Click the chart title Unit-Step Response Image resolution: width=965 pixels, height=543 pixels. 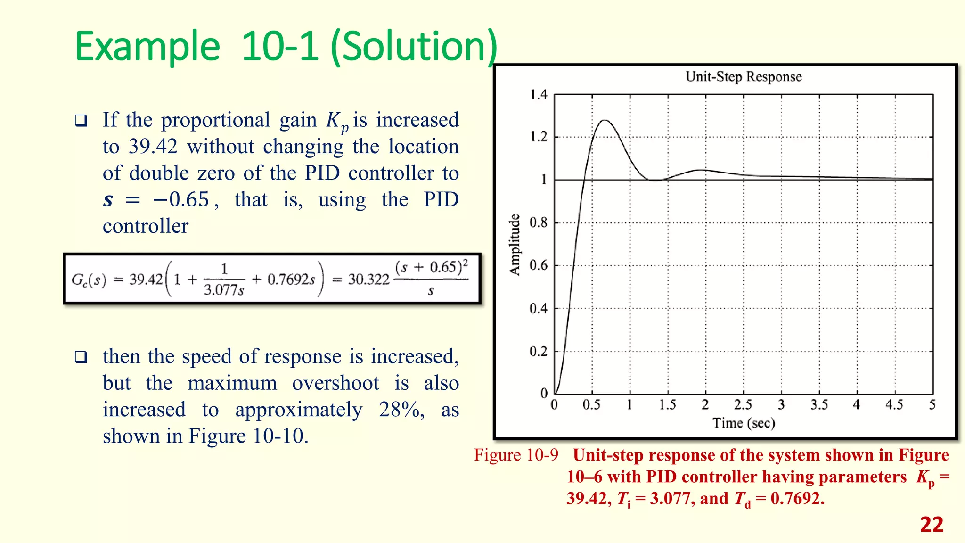tap(743, 77)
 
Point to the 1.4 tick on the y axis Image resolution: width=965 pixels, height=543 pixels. tap(539, 95)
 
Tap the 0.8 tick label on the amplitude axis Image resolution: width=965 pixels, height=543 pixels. tap(539, 222)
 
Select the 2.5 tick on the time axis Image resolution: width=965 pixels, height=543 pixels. tap(743, 405)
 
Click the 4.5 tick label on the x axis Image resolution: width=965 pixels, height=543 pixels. tap(894, 405)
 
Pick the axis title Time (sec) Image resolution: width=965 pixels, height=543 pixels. tap(743, 423)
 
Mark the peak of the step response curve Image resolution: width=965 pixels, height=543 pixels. tap(605, 120)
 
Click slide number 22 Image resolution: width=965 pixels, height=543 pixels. tap(932, 525)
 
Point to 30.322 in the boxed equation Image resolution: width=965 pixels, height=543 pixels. tap(368, 280)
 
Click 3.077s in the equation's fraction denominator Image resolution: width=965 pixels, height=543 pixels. tap(224, 290)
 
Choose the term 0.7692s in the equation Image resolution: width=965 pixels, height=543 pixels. tap(291, 280)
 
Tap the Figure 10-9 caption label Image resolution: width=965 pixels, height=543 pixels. tap(516, 455)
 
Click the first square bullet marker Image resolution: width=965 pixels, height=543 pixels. tap(81, 121)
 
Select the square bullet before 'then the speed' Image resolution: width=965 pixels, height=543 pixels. tap(81, 357)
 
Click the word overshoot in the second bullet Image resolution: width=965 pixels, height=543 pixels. tap(335, 383)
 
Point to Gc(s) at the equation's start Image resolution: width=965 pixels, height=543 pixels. tap(89, 280)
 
